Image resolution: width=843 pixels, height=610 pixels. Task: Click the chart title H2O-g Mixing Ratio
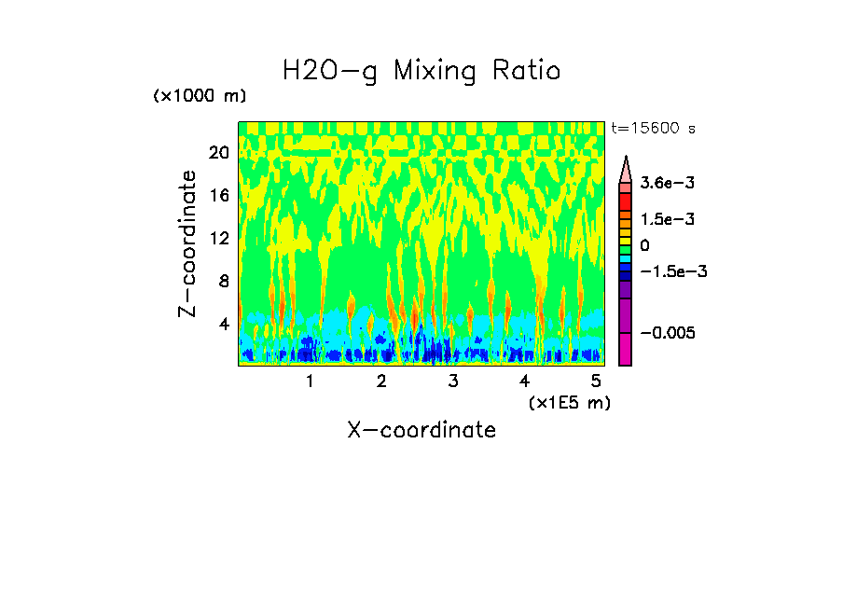(421, 71)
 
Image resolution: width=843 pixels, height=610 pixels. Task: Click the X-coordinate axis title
(421, 430)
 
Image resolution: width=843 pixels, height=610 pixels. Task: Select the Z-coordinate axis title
(188, 243)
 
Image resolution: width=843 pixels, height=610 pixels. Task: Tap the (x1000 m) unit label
(199, 97)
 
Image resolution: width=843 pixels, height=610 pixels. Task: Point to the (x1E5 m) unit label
(569, 402)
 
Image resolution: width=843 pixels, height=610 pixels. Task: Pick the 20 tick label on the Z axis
(218, 153)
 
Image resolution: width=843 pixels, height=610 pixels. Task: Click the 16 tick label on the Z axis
(218, 196)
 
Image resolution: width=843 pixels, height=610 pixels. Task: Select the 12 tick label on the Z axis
(218, 239)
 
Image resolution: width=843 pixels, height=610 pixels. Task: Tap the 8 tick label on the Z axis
(223, 281)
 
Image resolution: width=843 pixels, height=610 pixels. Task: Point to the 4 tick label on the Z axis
(223, 324)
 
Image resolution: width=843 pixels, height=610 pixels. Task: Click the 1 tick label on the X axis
(310, 381)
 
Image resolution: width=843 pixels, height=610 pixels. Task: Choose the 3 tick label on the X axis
(452, 381)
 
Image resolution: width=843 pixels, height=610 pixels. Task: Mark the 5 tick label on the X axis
(596, 381)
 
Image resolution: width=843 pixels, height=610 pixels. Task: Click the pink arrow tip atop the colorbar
(626, 168)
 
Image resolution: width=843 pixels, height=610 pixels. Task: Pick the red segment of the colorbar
(626, 201)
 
